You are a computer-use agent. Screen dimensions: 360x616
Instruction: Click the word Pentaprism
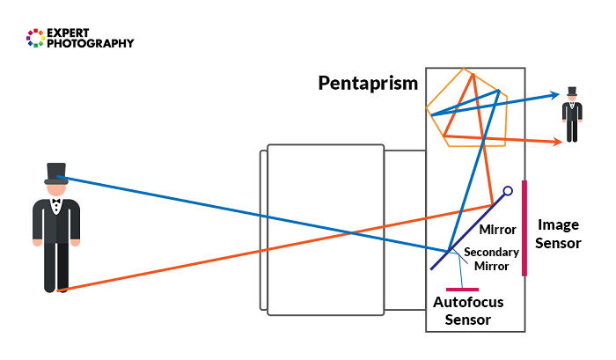tap(368, 84)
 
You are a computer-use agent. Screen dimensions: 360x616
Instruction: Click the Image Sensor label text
tap(559, 233)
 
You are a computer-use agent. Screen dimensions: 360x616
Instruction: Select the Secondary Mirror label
tap(492, 259)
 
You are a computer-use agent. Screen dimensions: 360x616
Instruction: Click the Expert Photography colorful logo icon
tap(35, 38)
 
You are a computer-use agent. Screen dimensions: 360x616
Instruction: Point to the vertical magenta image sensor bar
tap(524, 228)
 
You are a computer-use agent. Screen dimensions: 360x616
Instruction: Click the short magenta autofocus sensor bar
tap(463, 289)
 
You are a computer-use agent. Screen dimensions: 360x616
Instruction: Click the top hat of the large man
tap(56, 173)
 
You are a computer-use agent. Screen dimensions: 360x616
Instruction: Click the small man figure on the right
tap(573, 115)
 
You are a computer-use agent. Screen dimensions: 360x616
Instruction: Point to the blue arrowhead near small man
tap(554, 94)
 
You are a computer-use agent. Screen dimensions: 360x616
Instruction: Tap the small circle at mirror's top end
tap(508, 189)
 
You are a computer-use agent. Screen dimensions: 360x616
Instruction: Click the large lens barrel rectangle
tap(326, 227)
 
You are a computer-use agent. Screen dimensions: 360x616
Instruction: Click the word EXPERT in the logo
tap(74, 32)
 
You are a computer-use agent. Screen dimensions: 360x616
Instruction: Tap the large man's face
tap(56, 188)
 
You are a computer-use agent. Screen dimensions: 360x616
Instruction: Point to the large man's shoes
tap(55, 287)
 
